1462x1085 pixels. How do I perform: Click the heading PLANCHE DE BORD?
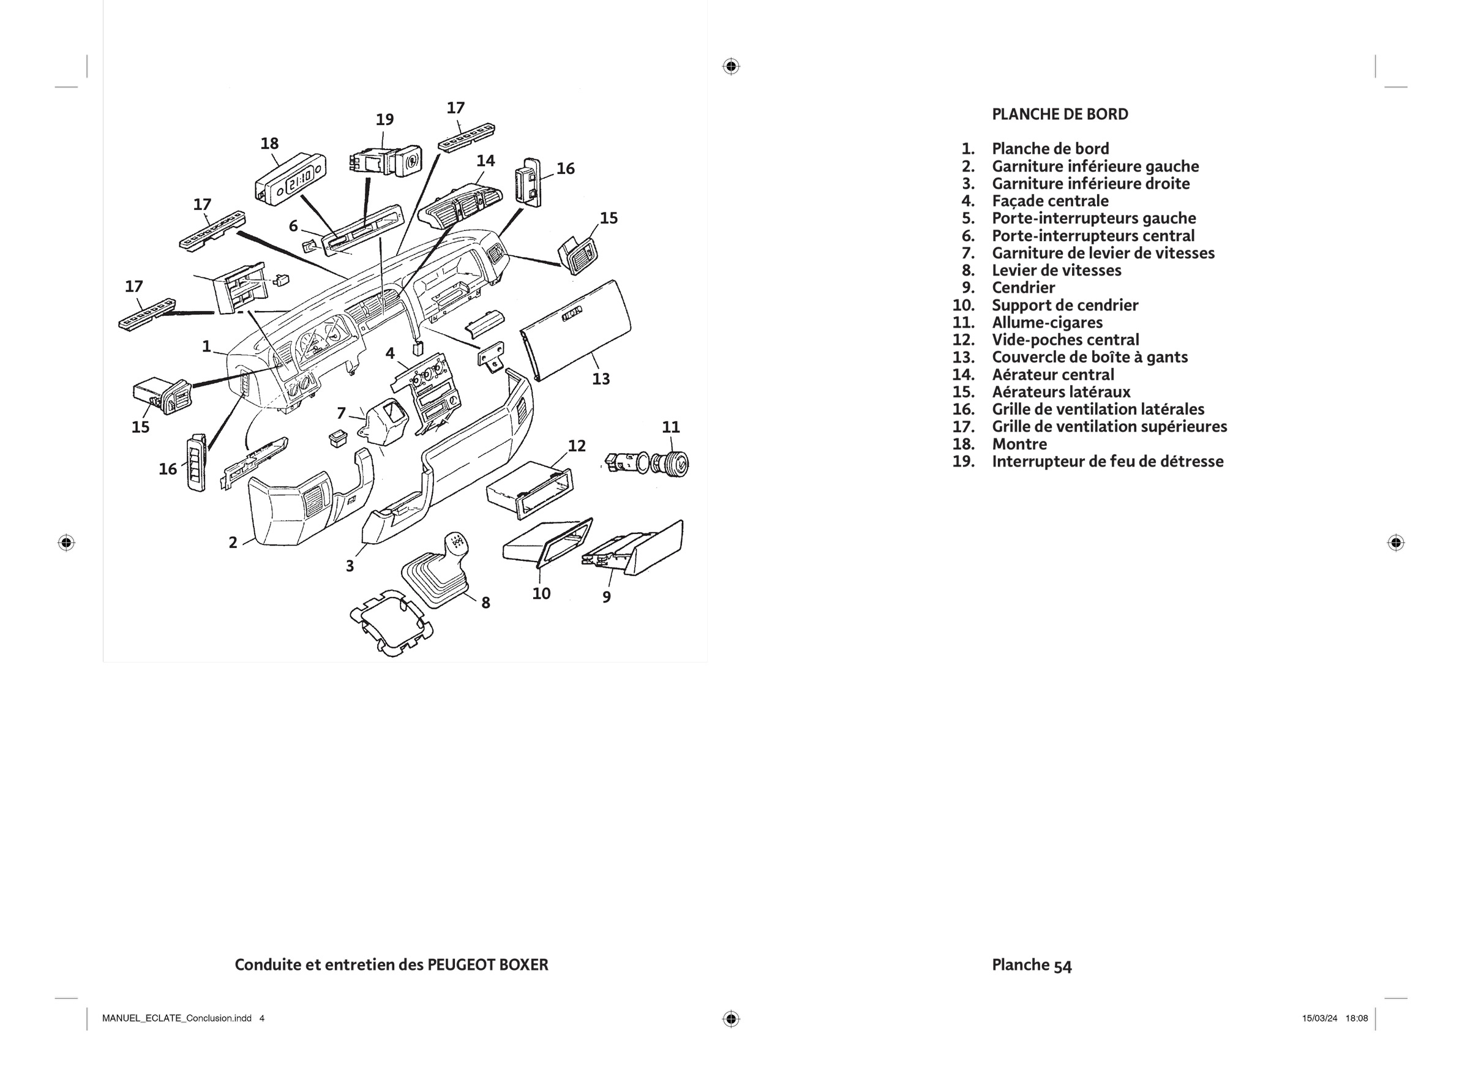pos(1059,115)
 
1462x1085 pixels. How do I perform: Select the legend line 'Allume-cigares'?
pos(1047,323)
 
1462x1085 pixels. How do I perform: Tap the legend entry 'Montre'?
pos(1019,444)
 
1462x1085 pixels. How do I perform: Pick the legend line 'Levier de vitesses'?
pos(1056,271)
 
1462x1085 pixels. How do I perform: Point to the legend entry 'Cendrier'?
pos(1023,288)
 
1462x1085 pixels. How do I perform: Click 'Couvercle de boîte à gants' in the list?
pos(1090,358)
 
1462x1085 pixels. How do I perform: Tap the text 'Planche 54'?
pos(1031,965)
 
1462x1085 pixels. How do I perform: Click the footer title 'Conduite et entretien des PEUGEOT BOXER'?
pos(391,965)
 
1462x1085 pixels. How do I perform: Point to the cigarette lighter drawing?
pos(647,464)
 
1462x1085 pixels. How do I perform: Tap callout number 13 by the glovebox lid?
pos(601,379)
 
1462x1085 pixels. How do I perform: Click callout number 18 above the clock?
pos(269,143)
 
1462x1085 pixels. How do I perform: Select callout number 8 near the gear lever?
pos(485,603)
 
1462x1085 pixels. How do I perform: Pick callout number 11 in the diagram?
pos(670,427)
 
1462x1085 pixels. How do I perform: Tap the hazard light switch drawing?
pos(384,161)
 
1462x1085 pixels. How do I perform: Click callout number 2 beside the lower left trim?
pos(233,542)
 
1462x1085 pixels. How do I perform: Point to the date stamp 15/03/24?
pos(1319,1019)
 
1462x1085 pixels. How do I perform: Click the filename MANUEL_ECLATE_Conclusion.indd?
pos(177,1019)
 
